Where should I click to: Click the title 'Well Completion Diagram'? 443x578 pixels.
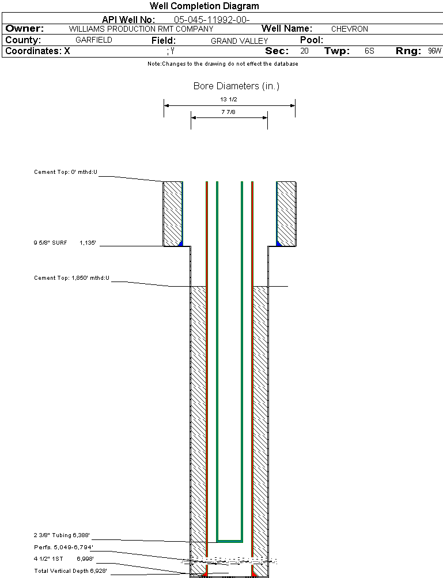pos(204,6)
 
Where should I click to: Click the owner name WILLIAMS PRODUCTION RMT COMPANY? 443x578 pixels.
pos(141,29)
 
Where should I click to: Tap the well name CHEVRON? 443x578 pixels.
pos(349,29)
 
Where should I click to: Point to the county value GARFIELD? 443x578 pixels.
pos(94,40)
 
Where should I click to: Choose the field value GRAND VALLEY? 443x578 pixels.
pos(239,41)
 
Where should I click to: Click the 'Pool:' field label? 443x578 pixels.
pos(312,40)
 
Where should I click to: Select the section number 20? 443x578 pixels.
pos(304,51)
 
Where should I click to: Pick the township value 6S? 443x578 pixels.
pos(369,51)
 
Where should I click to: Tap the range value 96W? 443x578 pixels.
pos(434,51)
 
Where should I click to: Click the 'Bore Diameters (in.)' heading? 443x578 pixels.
pos(236,86)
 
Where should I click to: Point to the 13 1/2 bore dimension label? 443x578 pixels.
pos(229,99)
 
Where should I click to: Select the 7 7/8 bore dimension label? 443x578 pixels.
pos(229,112)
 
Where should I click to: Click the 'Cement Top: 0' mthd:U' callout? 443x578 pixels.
pos(66,172)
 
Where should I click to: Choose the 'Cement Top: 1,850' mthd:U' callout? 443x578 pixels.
pos(71,278)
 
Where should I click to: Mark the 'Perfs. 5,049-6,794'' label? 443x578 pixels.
pos(63,547)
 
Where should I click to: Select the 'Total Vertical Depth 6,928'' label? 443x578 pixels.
pos(70,571)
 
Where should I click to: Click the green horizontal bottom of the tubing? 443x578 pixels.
pos(229,541)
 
